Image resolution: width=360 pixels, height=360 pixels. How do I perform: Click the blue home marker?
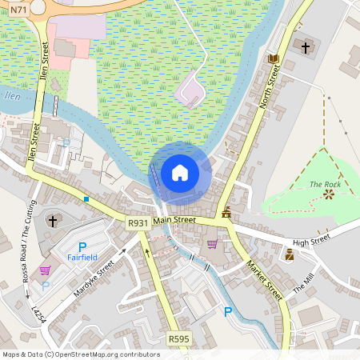(180, 173)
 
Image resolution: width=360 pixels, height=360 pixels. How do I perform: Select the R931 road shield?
(138, 224)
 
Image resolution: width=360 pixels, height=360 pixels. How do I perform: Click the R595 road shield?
(179, 339)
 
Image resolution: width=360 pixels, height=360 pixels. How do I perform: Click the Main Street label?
(174, 219)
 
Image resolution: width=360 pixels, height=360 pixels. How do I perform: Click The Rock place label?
(325, 185)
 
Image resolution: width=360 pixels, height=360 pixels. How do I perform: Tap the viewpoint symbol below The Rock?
(328, 194)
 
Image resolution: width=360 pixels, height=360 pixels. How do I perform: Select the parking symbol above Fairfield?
(82, 247)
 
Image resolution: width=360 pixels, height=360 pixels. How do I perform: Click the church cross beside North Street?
(305, 47)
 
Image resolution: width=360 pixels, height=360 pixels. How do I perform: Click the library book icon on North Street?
(274, 58)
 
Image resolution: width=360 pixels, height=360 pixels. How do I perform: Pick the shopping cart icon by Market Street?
(212, 244)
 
